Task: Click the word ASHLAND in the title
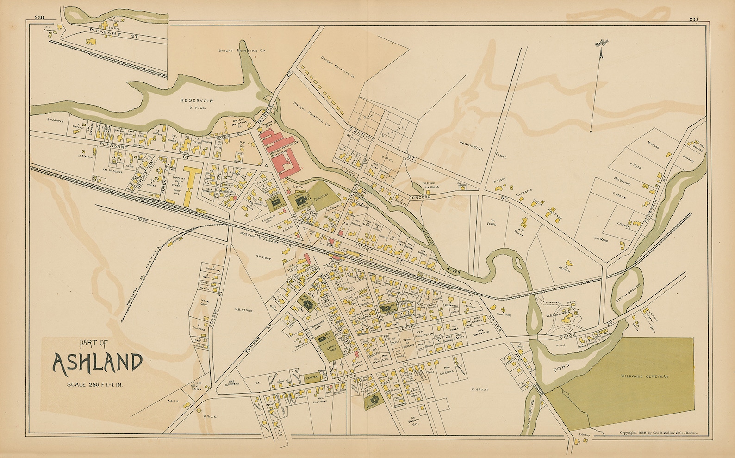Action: coord(98,363)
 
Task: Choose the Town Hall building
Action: coord(278,202)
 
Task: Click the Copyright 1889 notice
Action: coord(658,433)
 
